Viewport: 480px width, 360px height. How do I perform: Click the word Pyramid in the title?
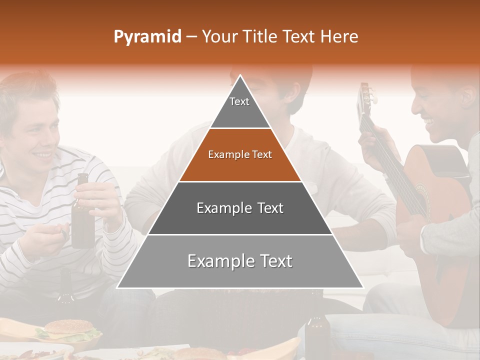pos(147,36)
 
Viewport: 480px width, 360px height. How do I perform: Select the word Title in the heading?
pos(261,36)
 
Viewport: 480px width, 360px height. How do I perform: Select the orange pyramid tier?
pos(240,154)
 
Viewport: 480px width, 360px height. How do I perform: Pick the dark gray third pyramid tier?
pos(240,208)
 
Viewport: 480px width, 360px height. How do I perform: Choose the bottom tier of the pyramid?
pos(240,261)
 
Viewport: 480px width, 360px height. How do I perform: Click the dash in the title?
pos(191,36)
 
